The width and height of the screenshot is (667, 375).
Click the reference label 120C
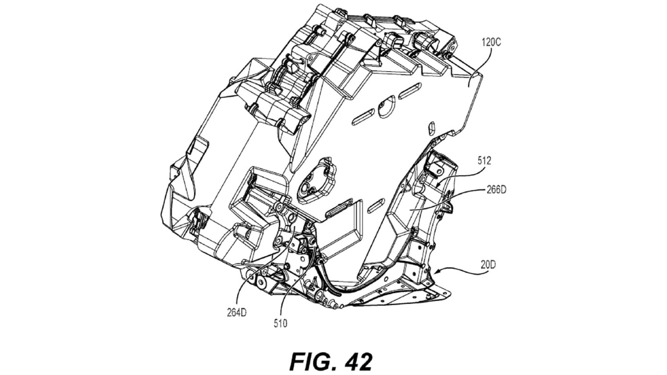[491, 43]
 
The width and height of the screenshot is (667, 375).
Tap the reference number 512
[484, 161]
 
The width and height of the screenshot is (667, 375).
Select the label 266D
[496, 190]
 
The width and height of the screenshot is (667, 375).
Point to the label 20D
[488, 265]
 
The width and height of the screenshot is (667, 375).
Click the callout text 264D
[237, 313]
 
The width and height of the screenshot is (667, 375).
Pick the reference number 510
[281, 323]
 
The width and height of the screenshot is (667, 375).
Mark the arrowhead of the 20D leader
[435, 271]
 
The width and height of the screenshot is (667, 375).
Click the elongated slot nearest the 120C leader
[410, 91]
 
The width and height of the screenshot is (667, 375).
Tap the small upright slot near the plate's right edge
[431, 128]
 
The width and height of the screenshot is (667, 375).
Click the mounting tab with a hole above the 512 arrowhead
[437, 167]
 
